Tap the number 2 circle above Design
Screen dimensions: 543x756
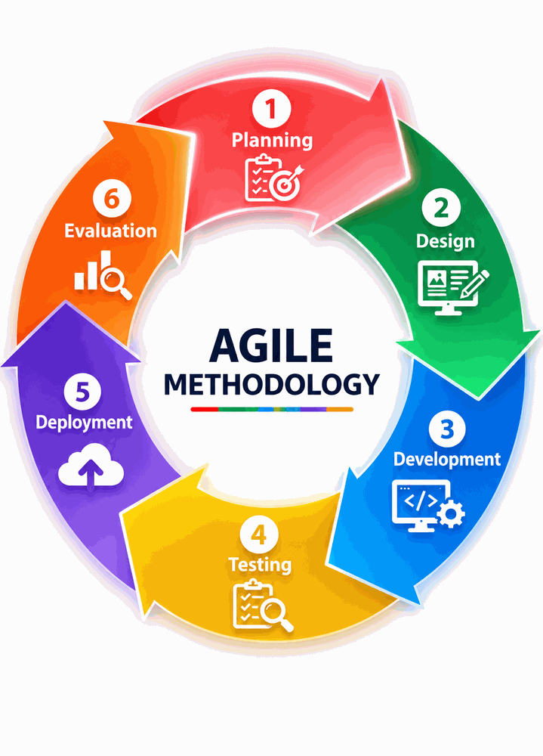(x=441, y=208)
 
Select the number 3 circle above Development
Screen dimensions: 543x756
(x=446, y=428)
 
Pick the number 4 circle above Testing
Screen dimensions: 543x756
(x=259, y=534)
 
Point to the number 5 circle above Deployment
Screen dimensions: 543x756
(x=82, y=391)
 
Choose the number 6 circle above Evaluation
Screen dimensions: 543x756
(x=112, y=198)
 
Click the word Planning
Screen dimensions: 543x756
(x=272, y=141)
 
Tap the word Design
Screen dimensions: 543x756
(x=445, y=242)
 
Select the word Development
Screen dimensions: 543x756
(x=447, y=460)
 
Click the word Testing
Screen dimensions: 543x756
(x=260, y=565)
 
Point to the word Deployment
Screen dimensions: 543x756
(x=84, y=423)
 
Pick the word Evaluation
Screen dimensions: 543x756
(x=111, y=231)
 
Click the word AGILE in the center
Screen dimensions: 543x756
(x=271, y=345)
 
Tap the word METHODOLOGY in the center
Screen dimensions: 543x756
(x=272, y=384)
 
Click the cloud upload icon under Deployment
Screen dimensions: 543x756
(x=91, y=466)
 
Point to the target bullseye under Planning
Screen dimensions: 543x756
(x=284, y=184)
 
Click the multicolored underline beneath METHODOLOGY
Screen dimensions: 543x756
(x=272, y=409)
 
